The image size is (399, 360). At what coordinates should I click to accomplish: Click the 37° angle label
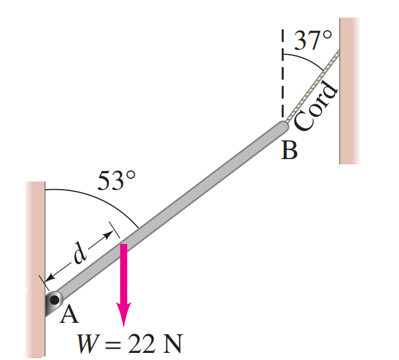313,40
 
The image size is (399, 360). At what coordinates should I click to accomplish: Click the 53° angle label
117,180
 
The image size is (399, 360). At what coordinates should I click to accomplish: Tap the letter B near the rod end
289,150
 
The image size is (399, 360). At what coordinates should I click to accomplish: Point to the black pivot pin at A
54,300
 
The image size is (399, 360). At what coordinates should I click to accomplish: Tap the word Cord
316,105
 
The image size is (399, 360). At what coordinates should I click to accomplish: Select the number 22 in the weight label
141,344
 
